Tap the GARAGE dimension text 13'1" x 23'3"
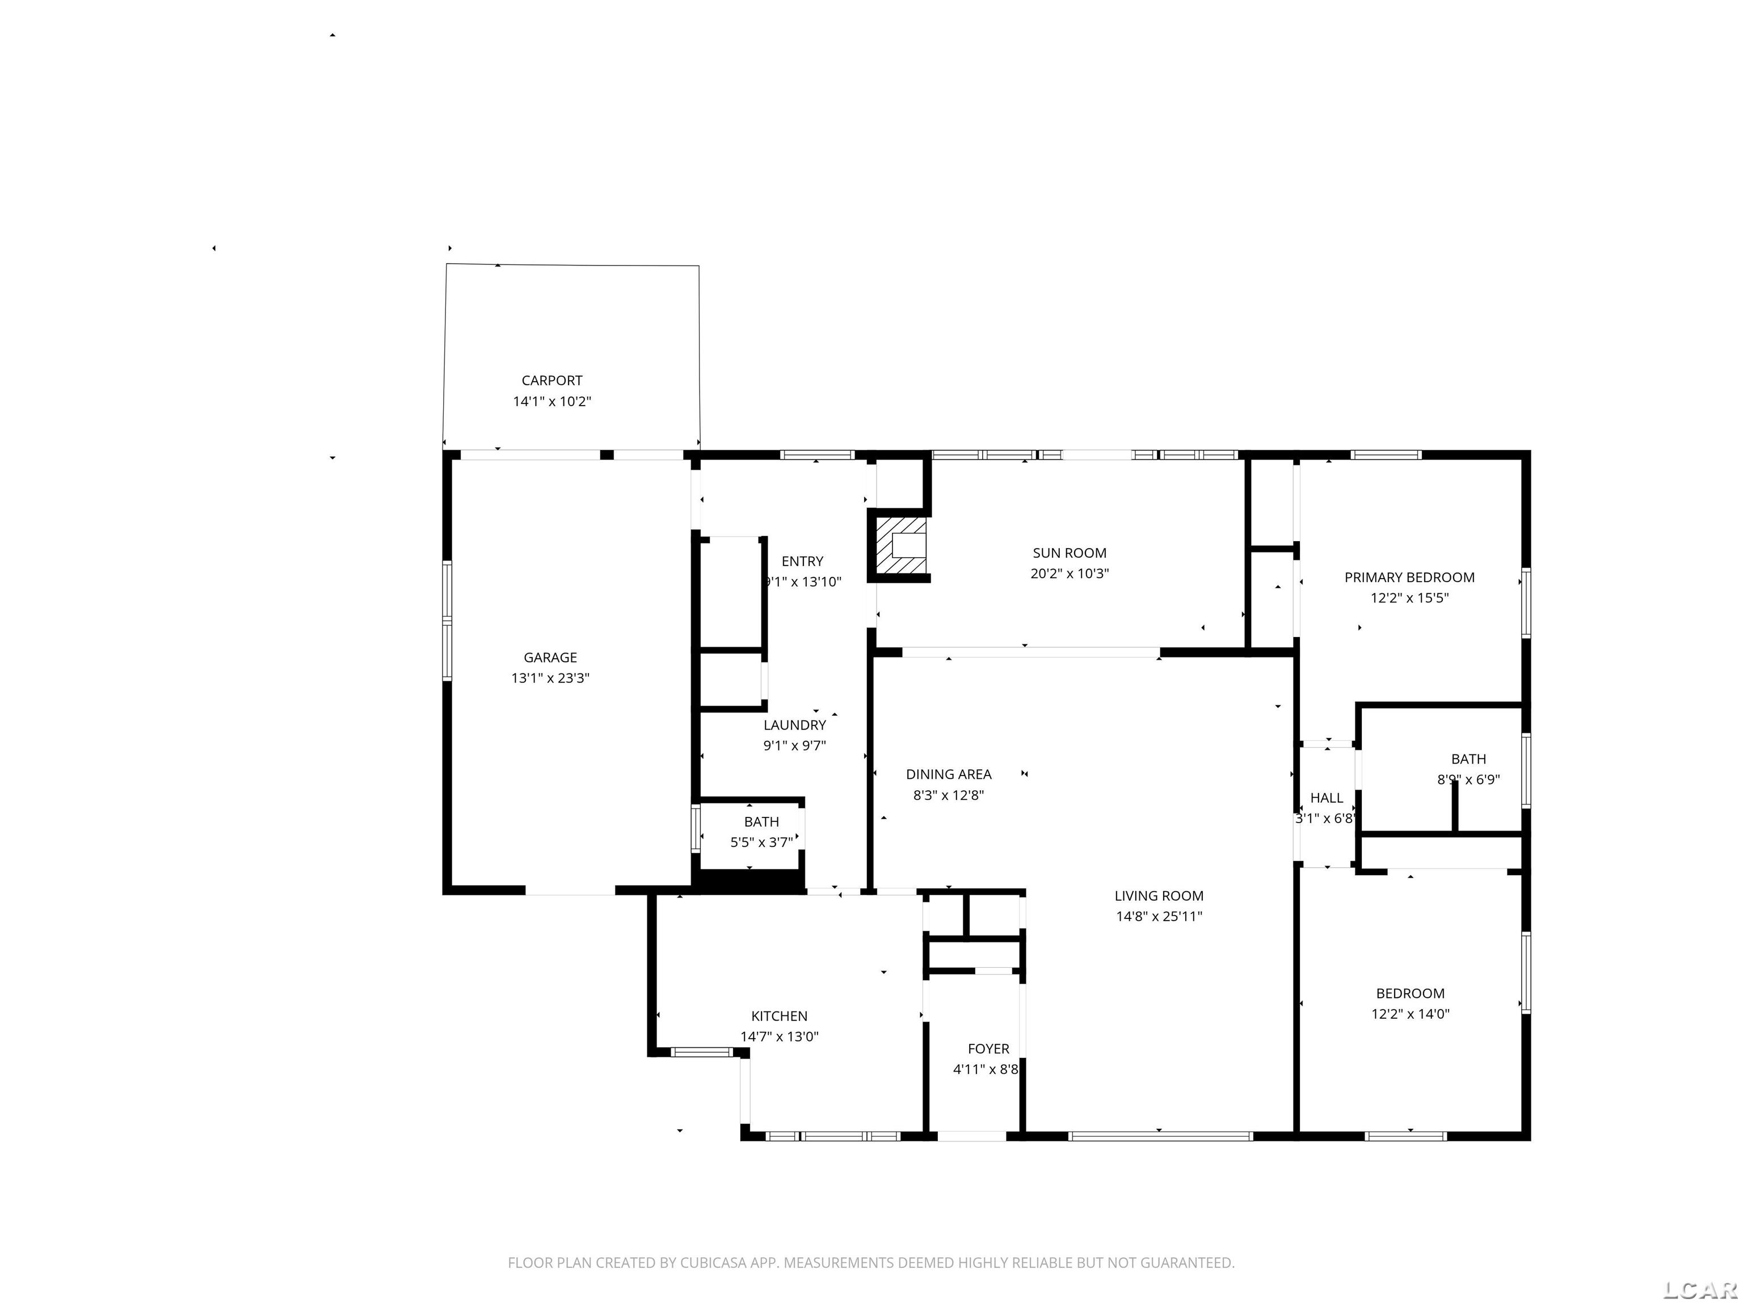(550, 677)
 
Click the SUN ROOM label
(1070, 553)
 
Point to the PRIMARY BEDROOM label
(1409, 577)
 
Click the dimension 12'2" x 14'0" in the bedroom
(1410, 1014)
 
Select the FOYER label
(988, 1048)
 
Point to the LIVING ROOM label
(1159, 896)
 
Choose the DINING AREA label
(948, 774)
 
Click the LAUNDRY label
(794, 725)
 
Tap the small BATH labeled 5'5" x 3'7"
(761, 822)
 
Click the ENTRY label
(802, 561)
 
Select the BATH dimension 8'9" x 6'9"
(1468, 780)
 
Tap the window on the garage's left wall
(447, 620)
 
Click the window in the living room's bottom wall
(1160, 1136)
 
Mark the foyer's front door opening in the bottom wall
(971, 1136)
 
